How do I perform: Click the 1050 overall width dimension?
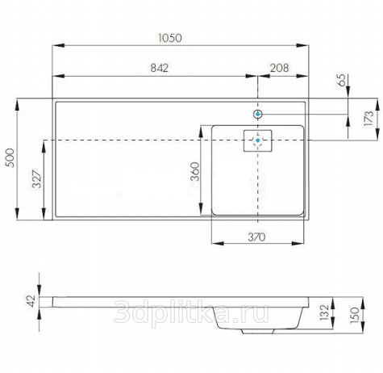pyautogui.click(x=170, y=38)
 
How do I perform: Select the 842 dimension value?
pyautogui.click(x=159, y=68)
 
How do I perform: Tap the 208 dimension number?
pyautogui.click(x=279, y=68)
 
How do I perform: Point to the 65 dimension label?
pyautogui.click(x=342, y=80)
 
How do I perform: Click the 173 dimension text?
pyautogui.click(x=368, y=118)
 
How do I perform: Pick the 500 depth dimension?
pyautogui.click(x=10, y=157)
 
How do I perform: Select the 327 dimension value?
pyautogui.click(x=37, y=179)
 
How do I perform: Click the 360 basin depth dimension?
pyautogui.click(x=195, y=171)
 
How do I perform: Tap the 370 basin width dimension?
pyautogui.click(x=256, y=237)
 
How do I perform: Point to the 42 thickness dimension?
pyautogui.click(x=31, y=301)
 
